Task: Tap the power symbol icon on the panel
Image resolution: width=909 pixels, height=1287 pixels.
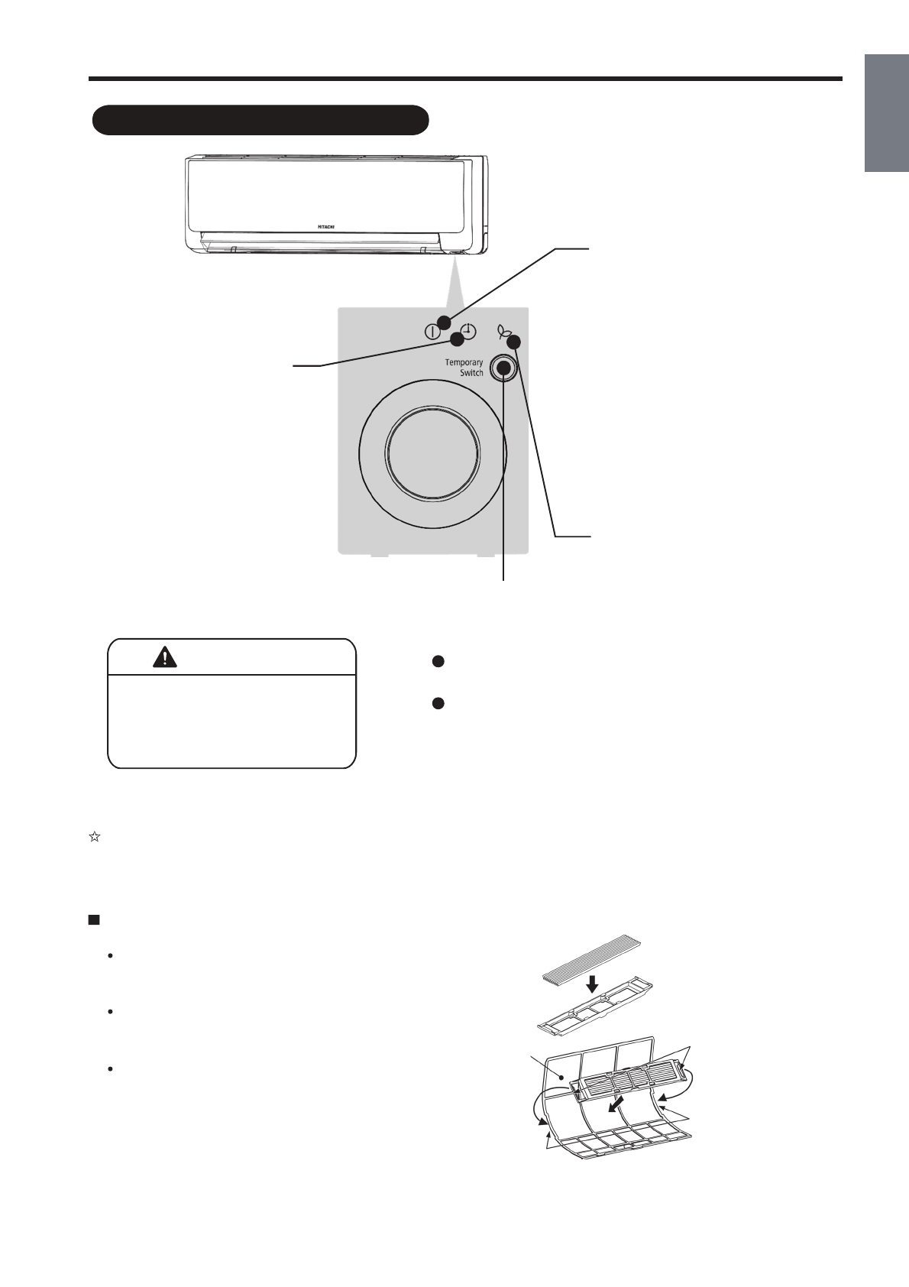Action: (432, 332)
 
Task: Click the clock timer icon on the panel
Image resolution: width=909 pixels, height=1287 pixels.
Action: (467, 332)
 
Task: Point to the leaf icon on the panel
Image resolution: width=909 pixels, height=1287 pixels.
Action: (503, 332)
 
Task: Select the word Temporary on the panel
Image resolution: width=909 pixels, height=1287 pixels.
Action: (464, 362)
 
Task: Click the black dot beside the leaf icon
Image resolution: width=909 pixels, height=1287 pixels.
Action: (514, 342)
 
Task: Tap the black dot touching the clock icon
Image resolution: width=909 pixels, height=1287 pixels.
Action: (458, 339)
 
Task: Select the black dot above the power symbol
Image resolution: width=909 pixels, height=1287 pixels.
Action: (444, 320)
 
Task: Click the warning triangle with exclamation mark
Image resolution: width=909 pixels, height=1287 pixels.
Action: (164, 656)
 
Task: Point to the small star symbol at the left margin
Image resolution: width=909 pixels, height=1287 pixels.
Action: (94, 837)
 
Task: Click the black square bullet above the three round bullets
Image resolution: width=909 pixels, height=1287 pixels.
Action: (94, 919)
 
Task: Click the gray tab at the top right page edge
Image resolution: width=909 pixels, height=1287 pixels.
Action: (887, 114)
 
